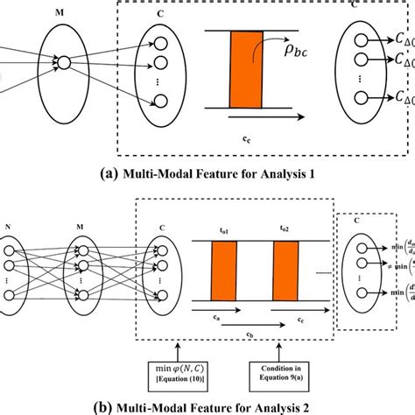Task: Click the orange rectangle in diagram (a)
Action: click(243, 81)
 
